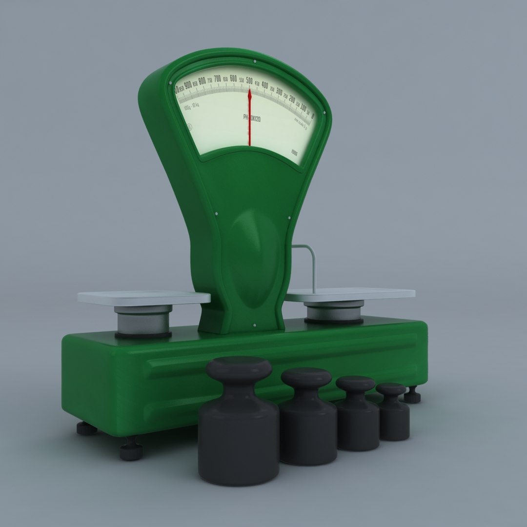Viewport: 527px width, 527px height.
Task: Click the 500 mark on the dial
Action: tap(249, 81)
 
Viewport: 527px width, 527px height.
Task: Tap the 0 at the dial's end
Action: tap(312, 116)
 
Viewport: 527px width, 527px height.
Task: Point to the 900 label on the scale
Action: tap(188, 84)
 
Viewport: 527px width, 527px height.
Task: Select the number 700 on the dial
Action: tap(218, 79)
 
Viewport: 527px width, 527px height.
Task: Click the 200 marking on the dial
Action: tap(292, 99)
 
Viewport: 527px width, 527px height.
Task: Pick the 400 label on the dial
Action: tap(264, 85)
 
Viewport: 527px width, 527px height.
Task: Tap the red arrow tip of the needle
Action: tap(249, 92)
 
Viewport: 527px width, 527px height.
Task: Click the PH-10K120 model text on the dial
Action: tap(252, 118)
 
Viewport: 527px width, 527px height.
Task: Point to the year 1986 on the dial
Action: tap(294, 152)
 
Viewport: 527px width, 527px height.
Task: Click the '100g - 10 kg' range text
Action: tap(190, 108)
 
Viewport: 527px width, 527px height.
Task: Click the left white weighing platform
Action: tap(144, 297)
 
